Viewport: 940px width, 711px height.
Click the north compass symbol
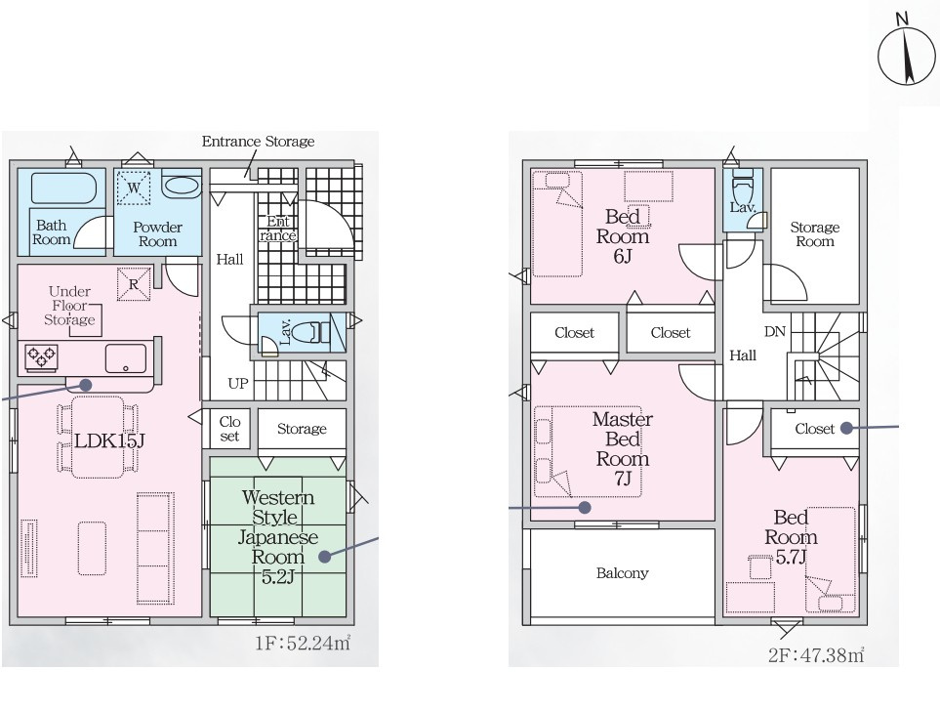point(907,56)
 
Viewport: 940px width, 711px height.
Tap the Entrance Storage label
point(258,142)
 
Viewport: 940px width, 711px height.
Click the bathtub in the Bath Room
point(62,188)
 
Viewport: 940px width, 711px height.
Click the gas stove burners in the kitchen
point(41,355)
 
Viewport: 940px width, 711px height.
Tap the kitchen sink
point(125,358)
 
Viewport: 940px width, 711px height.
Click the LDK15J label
point(109,441)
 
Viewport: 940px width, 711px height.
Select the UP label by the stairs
point(237,383)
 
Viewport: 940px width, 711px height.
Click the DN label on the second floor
point(774,331)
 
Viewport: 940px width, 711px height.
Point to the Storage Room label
point(814,234)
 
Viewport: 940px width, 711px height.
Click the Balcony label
point(622,573)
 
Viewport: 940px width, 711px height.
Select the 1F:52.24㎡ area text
point(303,643)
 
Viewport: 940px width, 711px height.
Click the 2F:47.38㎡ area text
point(816,654)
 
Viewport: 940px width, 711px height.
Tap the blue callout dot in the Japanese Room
point(324,556)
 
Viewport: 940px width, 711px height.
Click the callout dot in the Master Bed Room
point(585,508)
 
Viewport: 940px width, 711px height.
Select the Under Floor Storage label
point(69,306)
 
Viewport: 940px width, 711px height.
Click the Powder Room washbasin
point(182,186)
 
